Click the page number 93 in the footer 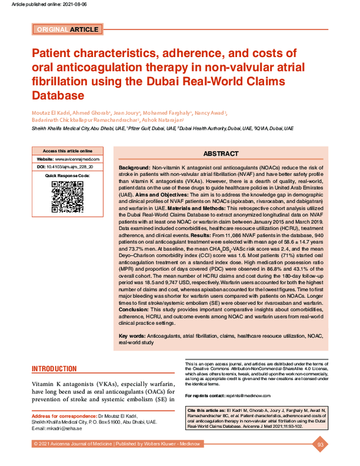point(320,444)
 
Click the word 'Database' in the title point(58,95)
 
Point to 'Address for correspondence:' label point(64,416)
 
